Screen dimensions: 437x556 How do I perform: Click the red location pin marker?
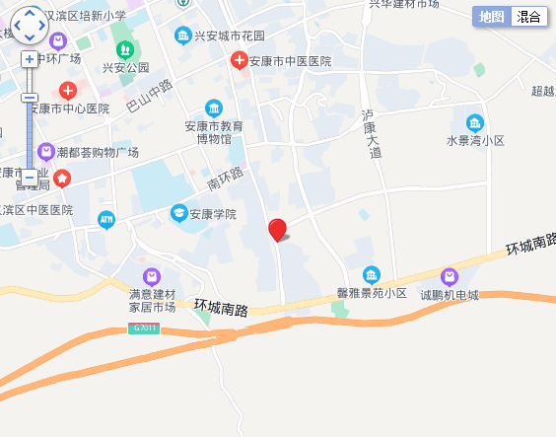coord(278,230)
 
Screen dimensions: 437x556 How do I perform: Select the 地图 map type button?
coord(491,17)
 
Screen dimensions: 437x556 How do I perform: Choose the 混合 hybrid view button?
coord(528,17)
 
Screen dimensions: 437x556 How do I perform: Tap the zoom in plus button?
coord(30,59)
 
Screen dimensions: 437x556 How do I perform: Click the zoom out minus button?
coord(30,177)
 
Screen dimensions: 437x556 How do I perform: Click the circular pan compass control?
coord(30,26)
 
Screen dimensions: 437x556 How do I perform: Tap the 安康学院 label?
coord(217,213)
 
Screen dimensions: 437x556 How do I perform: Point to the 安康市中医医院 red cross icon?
coord(238,61)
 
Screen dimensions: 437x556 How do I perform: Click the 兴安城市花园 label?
coord(230,36)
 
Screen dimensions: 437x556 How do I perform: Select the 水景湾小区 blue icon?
coord(475,123)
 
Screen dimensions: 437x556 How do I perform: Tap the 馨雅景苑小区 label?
coord(372,293)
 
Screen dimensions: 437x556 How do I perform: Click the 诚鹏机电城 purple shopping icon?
coord(450,275)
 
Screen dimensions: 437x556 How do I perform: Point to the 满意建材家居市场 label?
coord(152,301)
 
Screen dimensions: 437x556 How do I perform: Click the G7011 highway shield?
coord(143,328)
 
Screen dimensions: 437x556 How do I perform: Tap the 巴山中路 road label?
coord(149,97)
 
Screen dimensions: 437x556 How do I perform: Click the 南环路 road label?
coord(226,179)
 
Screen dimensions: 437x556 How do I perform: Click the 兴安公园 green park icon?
coord(124,48)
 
